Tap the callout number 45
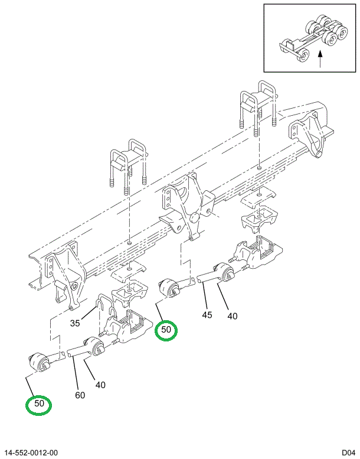(x=207, y=315)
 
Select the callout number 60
(x=80, y=395)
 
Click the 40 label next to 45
(x=232, y=316)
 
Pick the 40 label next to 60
(x=100, y=385)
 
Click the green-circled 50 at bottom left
(x=39, y=405)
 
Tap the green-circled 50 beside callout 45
(x=166, y=330)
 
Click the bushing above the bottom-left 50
(x=41, y=360)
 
